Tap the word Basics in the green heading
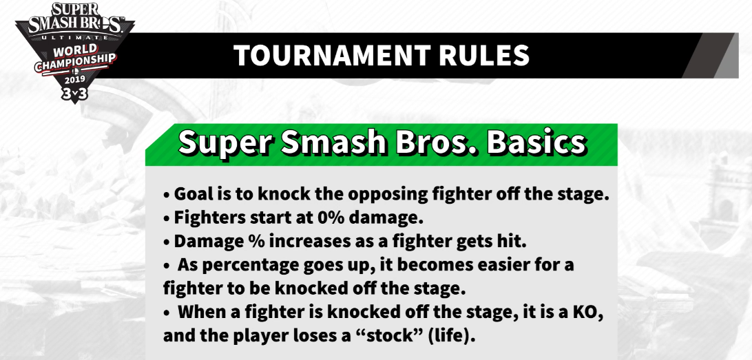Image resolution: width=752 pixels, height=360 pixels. (536, 142)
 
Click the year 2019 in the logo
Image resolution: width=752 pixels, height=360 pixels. (75, 80)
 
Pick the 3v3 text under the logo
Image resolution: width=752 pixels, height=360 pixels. (75, 94)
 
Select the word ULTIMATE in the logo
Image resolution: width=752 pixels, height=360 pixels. (75, 37)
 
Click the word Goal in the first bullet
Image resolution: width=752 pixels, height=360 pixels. (192, 194)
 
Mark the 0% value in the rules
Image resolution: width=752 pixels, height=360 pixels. (331, 218)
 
